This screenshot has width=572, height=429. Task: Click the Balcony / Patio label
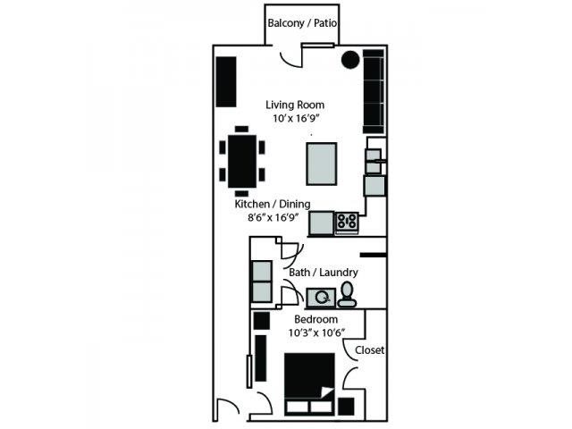point(302,23)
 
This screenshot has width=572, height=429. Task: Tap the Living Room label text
point(295,105)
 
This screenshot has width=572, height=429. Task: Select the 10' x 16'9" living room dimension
point(296,119)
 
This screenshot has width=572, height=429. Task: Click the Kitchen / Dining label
point(273,204)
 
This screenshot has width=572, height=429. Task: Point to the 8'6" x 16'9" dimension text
point(273,218)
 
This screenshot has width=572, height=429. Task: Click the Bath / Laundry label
point(324,273)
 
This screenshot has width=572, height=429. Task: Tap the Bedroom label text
point(315,319)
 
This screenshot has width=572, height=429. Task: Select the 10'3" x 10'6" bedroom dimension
point(316,332)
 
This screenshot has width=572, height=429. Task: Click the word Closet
point(369,350)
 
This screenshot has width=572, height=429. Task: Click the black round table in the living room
point(350,60)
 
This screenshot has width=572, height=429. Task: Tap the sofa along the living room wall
point(374,91)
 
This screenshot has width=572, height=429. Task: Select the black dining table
point(242,161)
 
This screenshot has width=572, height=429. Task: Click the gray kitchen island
point(322,164)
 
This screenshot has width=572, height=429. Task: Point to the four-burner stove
point(347,222)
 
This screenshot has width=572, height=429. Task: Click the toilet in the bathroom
point(347,294)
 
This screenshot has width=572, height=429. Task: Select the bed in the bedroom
point(310,383)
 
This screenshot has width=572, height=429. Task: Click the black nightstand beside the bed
point(346,407)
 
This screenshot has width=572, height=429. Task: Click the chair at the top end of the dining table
point(241,129)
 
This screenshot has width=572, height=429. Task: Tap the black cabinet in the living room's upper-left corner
point(226,81)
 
